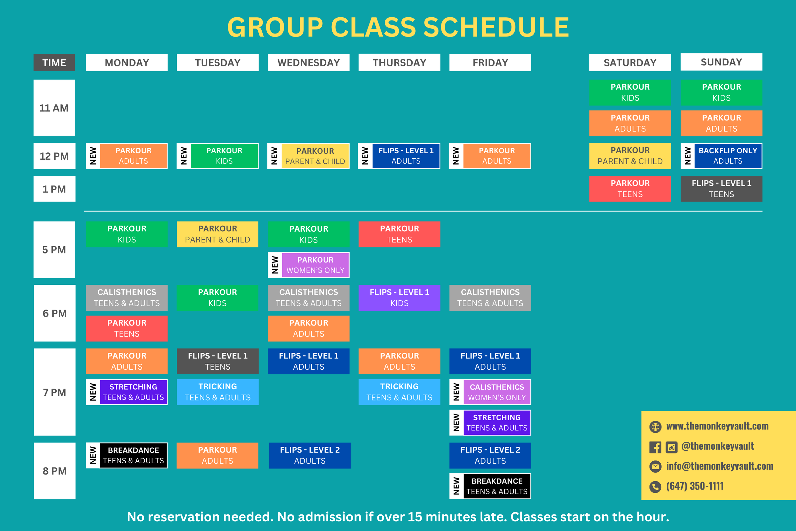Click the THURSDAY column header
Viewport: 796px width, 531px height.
point(399,63)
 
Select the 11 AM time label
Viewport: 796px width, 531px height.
point(54,108)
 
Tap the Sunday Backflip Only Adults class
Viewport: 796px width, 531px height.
point(728,156)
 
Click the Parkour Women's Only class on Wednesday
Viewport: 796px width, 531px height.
point(315,265)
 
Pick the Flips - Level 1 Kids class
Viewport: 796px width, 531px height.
point(399,298)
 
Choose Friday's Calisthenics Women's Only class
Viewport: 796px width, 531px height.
point(497,392)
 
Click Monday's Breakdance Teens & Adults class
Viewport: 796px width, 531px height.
point(133,455)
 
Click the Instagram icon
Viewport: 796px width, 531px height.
point(671,447)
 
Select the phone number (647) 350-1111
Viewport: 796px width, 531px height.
point(695,486)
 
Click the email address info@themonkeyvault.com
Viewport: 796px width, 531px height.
point(719,466)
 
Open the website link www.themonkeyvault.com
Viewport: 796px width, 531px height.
point(717,426)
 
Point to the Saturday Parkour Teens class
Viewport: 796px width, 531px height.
point(630,189)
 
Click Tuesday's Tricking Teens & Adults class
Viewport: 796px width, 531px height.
point(218,392)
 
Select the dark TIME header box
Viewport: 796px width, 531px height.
point(54,63)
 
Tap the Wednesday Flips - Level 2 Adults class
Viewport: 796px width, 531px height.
point(310,455)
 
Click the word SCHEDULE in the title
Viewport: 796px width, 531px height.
point(496,28)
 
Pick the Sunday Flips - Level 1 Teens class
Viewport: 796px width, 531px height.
point(721,189)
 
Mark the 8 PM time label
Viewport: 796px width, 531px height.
point(54,471)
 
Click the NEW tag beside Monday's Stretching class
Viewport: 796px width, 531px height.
point(93,392)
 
